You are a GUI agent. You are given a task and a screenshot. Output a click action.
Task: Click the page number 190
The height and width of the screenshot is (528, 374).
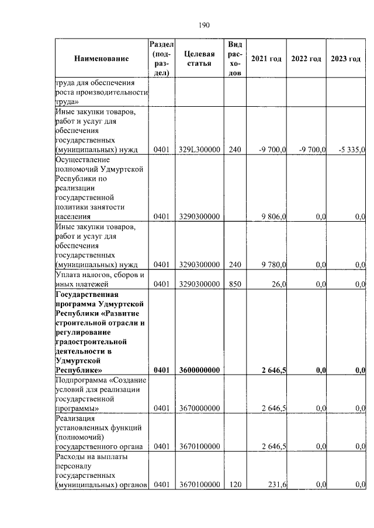click(204, 25)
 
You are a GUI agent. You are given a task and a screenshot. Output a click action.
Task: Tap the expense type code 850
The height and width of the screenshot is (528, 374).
click(234, 284)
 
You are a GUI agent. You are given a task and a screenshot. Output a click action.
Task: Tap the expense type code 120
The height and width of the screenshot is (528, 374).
click(234, 484)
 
